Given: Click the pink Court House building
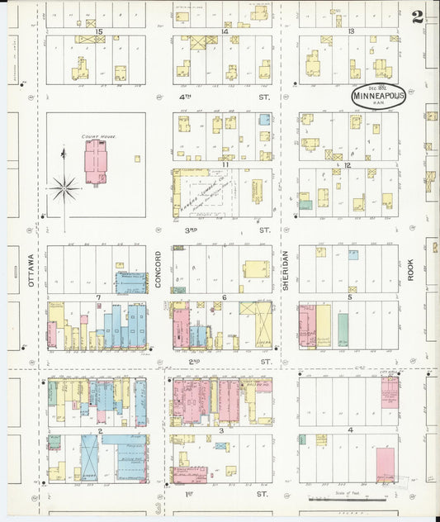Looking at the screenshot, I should pos(96,160).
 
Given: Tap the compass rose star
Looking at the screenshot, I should pos(64,189).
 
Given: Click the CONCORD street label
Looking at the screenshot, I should pos(158,270).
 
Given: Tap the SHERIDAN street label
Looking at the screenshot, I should pos(286,270).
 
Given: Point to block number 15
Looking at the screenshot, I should pos(98,31).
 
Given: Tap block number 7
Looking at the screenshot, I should pos(98,297).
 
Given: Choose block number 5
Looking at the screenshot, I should pos(350,297).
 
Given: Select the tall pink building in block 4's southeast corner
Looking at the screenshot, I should pos(385,464).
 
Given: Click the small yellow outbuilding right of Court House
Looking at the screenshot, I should pos(137,159).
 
